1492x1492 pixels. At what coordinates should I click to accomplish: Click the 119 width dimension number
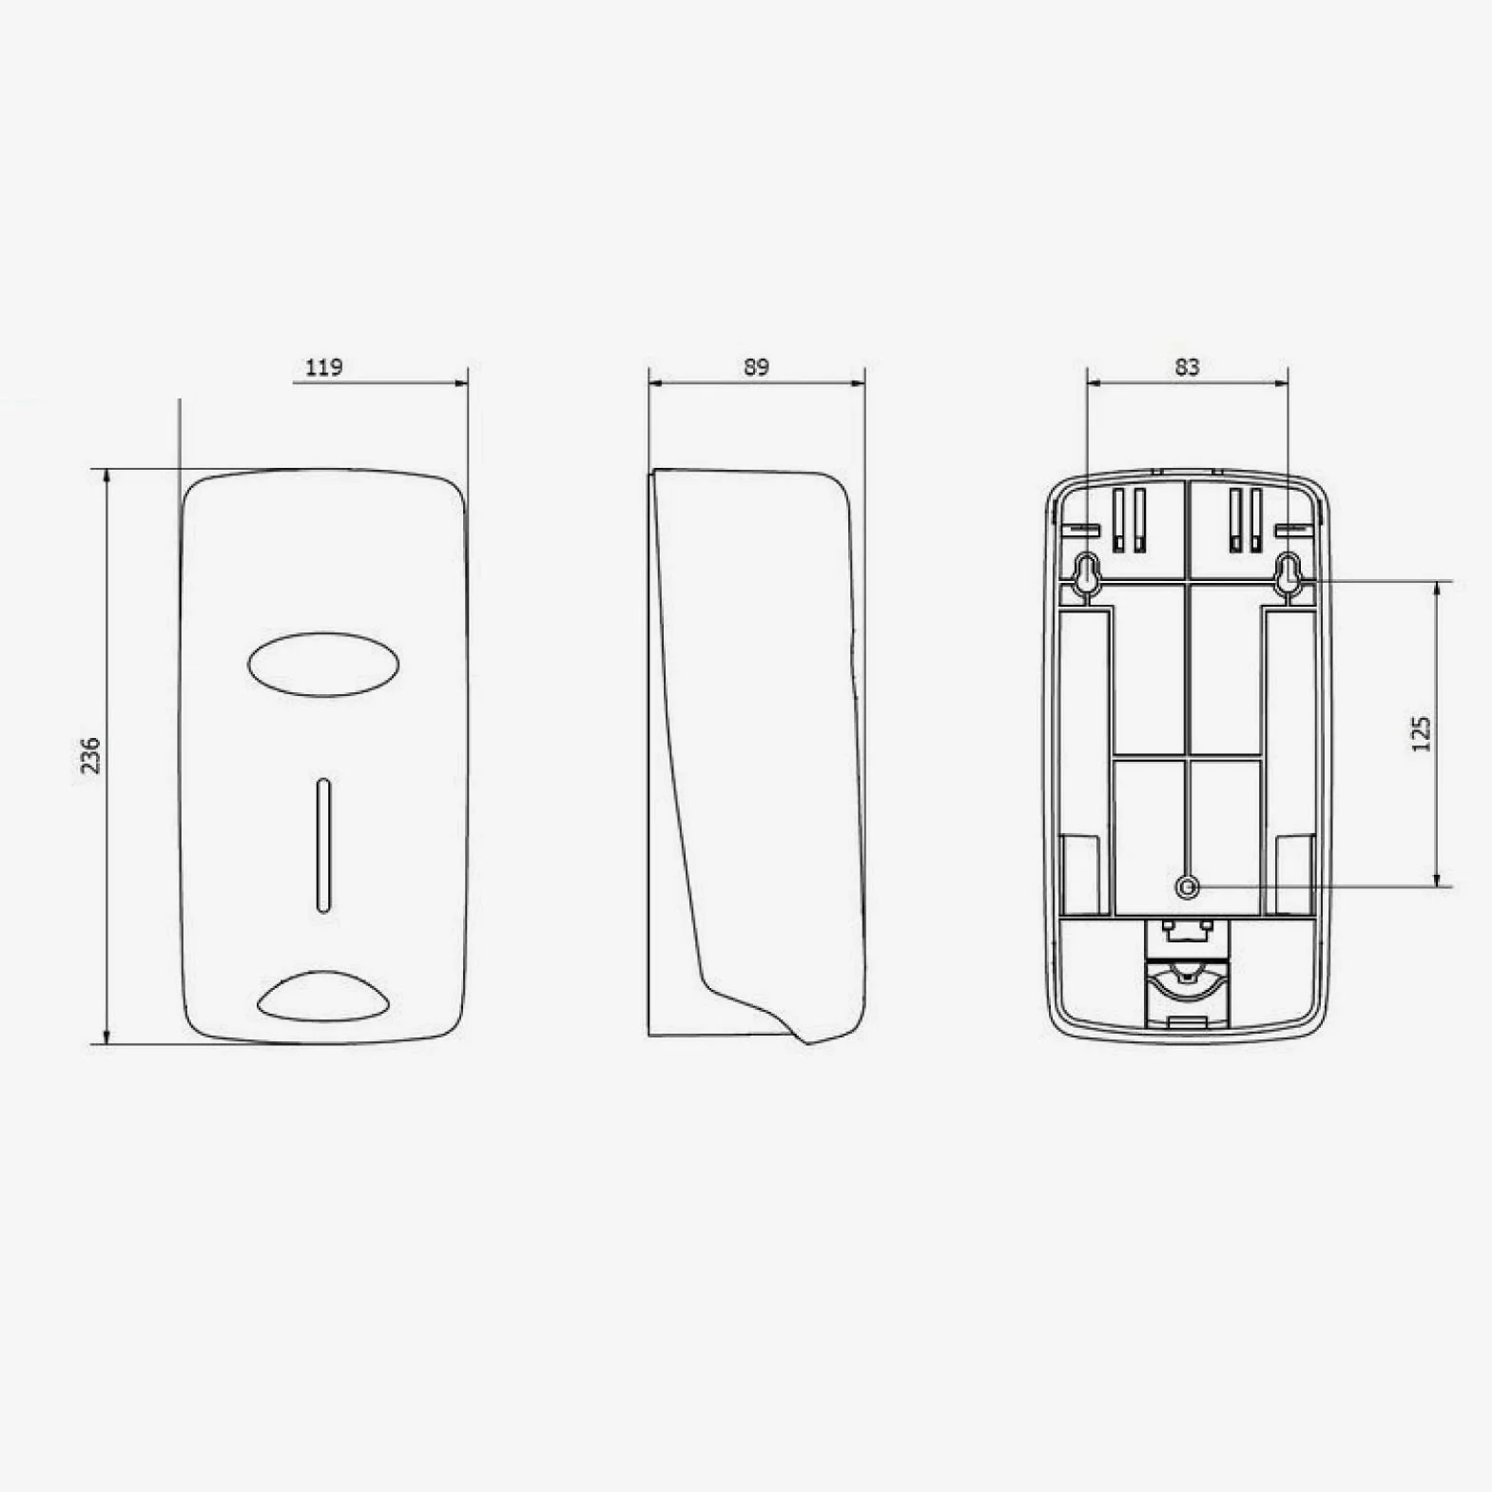click(x=324, y=367)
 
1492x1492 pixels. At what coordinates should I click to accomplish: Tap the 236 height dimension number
click(x=90, y=755)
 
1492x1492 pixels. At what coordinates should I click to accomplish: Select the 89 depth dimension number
click(x=756, y=367)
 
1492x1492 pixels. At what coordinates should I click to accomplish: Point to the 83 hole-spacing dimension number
click(x=1187, y=367)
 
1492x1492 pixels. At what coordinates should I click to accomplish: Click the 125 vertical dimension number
click(x=1421, y=734)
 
